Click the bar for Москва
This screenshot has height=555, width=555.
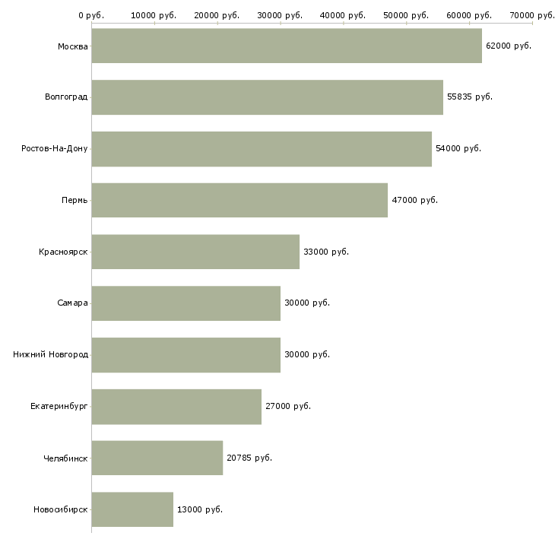287,46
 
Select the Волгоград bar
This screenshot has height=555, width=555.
267,97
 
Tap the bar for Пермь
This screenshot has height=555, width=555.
239,200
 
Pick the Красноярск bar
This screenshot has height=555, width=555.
195,252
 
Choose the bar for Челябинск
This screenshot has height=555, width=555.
157,458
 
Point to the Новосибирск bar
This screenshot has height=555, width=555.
132,509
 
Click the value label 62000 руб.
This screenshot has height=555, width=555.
508,46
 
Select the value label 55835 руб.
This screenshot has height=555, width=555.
469,97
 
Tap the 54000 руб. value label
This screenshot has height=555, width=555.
458,148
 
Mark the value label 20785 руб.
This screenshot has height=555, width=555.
249,458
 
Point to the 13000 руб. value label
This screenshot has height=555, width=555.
199,509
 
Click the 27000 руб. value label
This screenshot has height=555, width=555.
287,406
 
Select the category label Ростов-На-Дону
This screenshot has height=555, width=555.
55,148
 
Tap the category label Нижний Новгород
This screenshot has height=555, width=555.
51,354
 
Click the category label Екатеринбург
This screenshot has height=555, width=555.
59,406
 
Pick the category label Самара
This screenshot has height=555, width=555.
72,303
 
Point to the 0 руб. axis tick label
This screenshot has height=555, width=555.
91,15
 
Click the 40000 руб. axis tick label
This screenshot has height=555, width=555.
343,15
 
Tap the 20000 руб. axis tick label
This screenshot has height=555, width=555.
217,15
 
